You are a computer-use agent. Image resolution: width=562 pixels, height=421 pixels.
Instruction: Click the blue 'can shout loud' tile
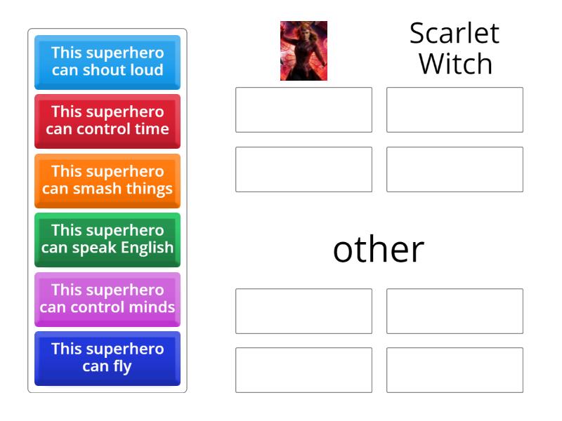point(107,62)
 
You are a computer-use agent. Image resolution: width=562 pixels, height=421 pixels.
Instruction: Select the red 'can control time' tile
point(107,121)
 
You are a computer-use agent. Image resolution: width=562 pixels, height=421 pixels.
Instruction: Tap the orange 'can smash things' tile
point(107,180)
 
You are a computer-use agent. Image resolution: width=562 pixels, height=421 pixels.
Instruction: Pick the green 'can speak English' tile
point(107,239)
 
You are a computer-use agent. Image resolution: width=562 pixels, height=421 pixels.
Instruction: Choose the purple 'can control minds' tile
point(107,299)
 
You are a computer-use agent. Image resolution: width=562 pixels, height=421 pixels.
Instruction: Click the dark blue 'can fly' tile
point(107,358)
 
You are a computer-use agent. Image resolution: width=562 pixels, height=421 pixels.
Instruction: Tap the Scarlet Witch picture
point(303,51)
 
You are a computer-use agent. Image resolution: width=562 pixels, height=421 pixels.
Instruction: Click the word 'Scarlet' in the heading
point(455,34)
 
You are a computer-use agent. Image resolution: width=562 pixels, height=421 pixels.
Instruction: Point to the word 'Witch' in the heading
point(455,64)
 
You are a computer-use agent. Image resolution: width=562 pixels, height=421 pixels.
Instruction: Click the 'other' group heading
point(379,249)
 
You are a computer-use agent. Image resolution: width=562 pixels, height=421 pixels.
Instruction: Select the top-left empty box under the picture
point(303,109)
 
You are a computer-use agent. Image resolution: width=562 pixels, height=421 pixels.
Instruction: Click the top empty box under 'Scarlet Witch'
point(455,109)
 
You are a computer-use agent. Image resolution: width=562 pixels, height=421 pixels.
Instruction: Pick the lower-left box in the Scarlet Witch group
point(303,169)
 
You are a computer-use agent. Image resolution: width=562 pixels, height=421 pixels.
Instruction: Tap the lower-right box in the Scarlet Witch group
point(455,169)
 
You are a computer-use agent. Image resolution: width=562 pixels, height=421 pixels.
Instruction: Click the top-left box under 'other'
point(303,311)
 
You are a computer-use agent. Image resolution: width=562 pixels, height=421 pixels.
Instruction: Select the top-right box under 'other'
point(455,311)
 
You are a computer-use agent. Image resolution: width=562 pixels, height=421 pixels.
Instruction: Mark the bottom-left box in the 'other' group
point(303,370)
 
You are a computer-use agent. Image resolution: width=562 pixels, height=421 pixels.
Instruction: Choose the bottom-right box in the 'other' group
point(455,370)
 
